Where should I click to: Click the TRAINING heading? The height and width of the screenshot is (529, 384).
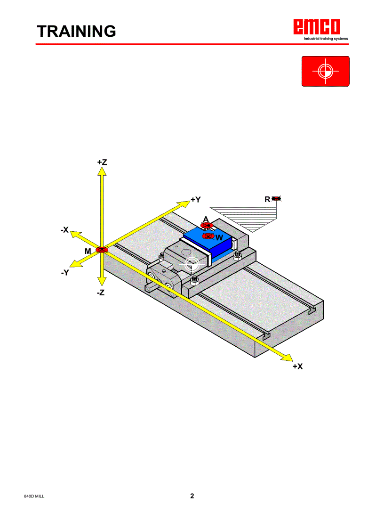pos(77,31)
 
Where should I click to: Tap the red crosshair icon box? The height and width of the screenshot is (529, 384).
pos(325,71)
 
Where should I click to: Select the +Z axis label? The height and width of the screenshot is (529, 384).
pos(102,162)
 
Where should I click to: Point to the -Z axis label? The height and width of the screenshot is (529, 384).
pos(100,293)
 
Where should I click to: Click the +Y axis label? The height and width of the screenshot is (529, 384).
pos(196,200)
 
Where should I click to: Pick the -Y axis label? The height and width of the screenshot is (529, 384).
pos(65,272)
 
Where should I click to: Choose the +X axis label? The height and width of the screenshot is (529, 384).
pos(297,366)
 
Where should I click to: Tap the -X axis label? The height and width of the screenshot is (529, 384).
pos(65,230)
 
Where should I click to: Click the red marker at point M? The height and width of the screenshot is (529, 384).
pos(102,250)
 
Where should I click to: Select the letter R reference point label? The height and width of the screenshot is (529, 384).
pos(267,199)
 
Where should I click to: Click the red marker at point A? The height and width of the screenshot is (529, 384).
pos(206,226)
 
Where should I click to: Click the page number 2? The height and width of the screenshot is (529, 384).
pos(192,496)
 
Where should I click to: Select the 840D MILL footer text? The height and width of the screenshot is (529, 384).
pos(34,497)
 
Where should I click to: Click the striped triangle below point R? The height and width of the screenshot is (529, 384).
pos(254,217)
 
